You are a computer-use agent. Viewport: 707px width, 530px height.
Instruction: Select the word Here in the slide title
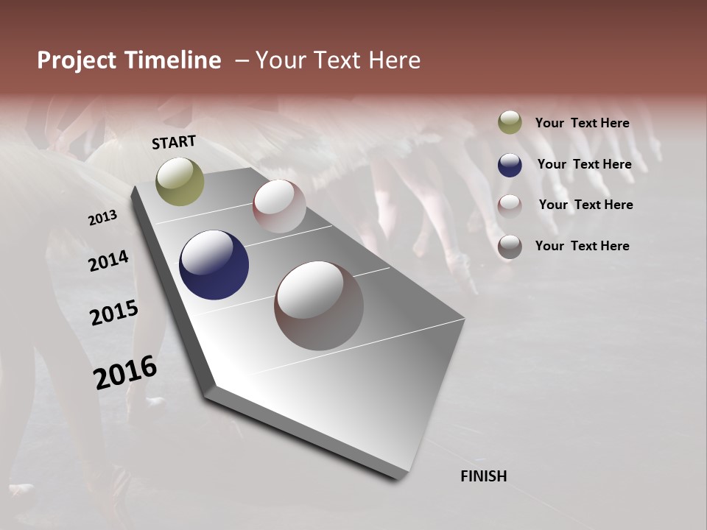(394, 61)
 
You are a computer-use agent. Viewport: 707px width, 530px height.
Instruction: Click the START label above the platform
(174, 142)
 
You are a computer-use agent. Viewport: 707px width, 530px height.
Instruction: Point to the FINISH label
(484, 476)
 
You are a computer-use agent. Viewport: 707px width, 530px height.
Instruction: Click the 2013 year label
(102, 217)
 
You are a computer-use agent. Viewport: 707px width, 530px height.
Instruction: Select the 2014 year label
(108, 261)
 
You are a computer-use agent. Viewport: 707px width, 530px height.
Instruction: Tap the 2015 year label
(113, 314)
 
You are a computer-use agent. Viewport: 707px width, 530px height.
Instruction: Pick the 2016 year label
(125, 372)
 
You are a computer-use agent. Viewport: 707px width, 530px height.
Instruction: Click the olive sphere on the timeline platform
(180, 181)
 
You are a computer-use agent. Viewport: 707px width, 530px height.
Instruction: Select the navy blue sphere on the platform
(214, 265)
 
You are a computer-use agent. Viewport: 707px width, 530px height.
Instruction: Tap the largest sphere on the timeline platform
(319, 305)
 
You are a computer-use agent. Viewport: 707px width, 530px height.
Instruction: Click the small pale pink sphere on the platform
(279, 205)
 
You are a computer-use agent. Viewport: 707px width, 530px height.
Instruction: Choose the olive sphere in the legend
(510, 122)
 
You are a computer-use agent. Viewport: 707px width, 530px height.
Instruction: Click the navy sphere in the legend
(510, 165)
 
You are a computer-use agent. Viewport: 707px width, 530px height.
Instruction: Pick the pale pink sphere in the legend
(510, 205)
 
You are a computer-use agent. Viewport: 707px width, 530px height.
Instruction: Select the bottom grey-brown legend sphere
(510, 247)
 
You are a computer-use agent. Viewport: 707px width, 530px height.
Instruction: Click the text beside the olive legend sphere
(582, 123)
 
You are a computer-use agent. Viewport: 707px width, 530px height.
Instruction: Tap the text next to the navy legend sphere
(584, 164)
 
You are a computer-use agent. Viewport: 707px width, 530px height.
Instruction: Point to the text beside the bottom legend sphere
(582, 246)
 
